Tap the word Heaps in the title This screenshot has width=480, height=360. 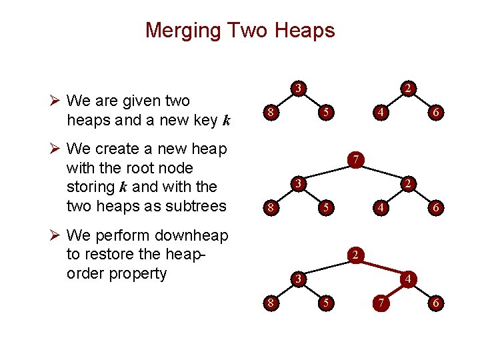pos(303,31)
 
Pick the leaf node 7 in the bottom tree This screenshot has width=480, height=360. pos(380,303)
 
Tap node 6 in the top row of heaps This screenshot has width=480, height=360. pos(435,113)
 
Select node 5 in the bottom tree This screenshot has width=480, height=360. pos(325,303)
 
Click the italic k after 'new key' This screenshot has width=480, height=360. pos(227,121)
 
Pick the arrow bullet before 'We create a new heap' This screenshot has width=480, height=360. pos(57,149)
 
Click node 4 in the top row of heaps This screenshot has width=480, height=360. pos(380,113)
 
